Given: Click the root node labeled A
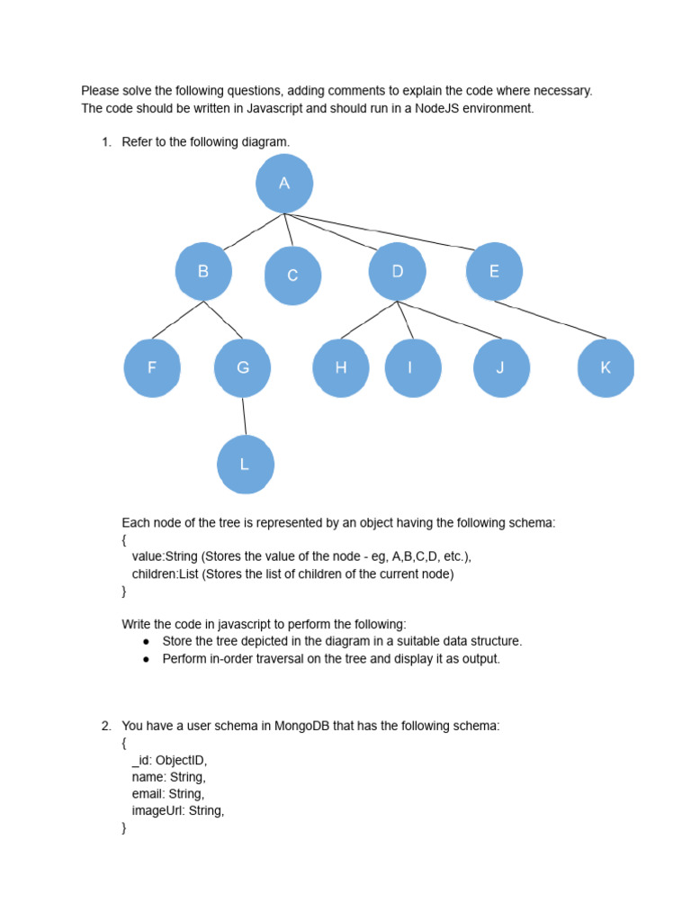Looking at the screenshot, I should tap(284, 184).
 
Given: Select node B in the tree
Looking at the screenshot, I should tap(203, 271).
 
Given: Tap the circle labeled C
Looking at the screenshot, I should tap(292, 276).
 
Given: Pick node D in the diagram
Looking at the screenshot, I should tap(398, 271).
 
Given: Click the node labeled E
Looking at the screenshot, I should tap(494, 271).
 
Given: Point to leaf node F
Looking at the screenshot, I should tap(152, 367).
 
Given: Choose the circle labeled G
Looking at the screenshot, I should tap(243, 367).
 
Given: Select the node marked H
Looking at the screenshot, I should tap(340, 367).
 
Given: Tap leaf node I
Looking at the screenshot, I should tap(410, 367).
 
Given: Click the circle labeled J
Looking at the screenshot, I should tap(500, 367).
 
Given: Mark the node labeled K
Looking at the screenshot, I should tap(606, 367).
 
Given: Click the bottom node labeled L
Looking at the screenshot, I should tap(245, 465).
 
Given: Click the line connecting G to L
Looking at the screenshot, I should tap(244, 416).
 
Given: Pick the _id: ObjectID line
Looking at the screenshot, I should tap(169, 760).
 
